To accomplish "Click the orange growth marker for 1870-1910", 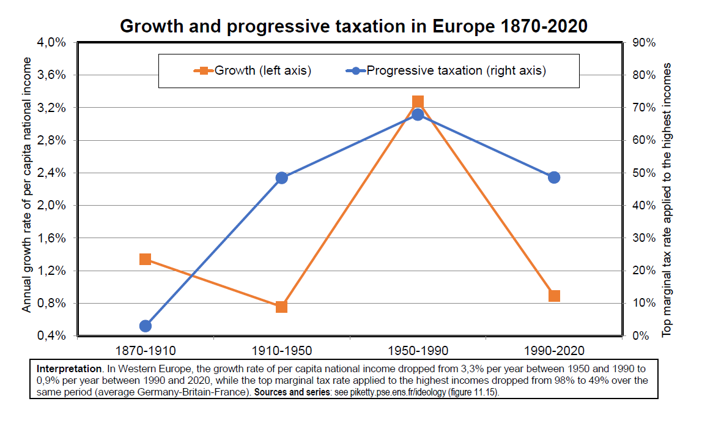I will (145, 260).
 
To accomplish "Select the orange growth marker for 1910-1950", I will (281, 307).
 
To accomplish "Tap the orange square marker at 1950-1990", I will (418, 102).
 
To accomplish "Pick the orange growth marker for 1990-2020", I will (554, 296).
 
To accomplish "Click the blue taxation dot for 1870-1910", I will (145, 326).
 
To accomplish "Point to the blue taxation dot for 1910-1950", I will (281, 178).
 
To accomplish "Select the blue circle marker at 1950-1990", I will (418, 114).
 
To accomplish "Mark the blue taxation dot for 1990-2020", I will (554, 178).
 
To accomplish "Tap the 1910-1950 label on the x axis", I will (281, 351).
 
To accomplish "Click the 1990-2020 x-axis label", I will (554, 351).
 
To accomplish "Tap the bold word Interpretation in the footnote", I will (68, 369).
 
